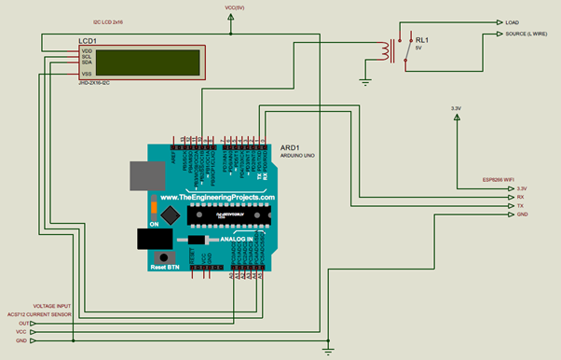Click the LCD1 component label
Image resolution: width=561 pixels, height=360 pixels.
[x=89, y=42]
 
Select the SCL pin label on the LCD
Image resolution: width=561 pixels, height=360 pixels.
[x=87, y=57]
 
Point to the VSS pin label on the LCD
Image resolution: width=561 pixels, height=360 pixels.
[x=87, y=73]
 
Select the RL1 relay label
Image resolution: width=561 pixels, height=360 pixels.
[x=422, y=40]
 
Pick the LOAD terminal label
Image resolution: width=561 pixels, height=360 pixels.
[x=513, y=21]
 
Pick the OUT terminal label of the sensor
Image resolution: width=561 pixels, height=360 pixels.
[x=24, y=324]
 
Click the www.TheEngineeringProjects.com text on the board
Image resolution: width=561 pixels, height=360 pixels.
[x=217, y=198]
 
